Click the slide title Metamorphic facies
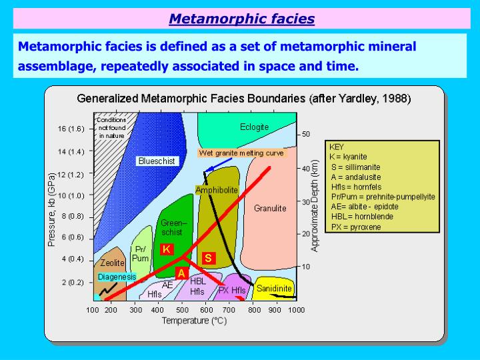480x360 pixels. (241, 19)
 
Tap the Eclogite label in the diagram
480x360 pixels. (254, 127)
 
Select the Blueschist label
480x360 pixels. (156, 161)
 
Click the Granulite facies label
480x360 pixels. (270, 208)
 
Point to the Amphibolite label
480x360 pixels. (217, 190)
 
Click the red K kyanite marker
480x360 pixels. (167, 249)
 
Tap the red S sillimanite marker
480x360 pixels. (208, 257)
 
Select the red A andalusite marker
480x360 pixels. (181, 273)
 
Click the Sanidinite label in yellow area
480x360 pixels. (273, 289)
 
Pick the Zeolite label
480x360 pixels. (113, 263)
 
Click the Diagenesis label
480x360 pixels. (117, 276)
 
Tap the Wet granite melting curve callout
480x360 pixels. (241, 153)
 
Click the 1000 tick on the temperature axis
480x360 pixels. (297, 310)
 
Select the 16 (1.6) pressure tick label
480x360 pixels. (71, 129)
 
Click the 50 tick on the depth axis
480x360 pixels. (306, 134)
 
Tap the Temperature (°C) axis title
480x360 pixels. (194, 321)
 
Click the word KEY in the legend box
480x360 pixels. (337, 147)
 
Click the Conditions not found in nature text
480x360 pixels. (111, 127)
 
